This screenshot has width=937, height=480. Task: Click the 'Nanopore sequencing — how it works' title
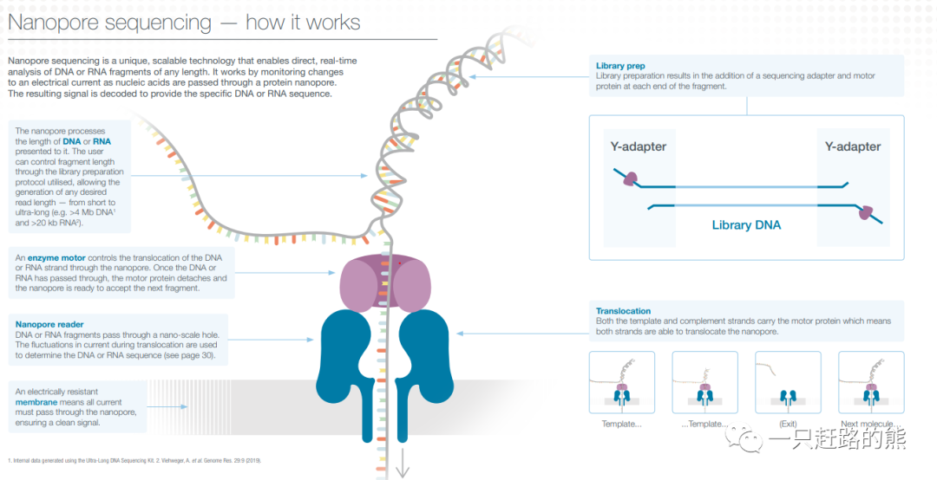point(184,22)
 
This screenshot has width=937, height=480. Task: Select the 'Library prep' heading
point(620,66)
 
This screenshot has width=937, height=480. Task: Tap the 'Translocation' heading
point(623,311)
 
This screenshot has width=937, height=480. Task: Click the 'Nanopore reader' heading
point(49,325)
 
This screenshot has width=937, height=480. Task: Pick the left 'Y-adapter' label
point(639,146)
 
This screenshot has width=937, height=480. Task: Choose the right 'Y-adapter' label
point(852,146)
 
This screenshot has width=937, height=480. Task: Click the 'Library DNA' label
point(746,225)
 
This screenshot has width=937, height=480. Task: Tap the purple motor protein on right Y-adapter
point(865,213)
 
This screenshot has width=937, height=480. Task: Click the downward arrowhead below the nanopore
point(403,472)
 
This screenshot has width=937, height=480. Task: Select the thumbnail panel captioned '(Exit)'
point(788,383)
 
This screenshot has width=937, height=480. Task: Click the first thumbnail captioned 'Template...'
point(621,383)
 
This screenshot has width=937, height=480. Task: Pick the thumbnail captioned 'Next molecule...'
point(871,383)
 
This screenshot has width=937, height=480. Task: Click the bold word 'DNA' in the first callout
point(72,141)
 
